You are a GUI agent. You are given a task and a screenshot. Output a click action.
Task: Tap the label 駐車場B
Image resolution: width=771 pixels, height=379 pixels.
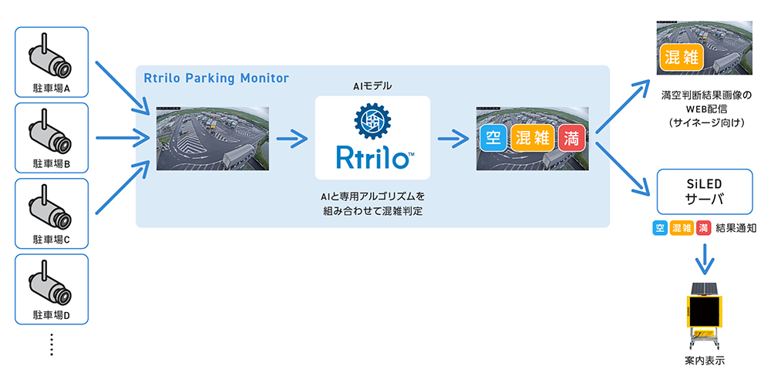pos(52,164)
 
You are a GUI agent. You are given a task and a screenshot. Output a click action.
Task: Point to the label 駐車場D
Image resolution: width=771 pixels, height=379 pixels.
pos(52,315)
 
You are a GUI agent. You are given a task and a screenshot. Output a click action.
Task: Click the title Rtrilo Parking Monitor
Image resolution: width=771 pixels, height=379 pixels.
pos(217,78)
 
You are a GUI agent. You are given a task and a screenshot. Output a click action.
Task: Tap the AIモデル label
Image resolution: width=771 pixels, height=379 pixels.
pos(372,86)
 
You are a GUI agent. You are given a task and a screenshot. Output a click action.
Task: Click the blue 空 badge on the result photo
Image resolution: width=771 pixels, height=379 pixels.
pos(491,139)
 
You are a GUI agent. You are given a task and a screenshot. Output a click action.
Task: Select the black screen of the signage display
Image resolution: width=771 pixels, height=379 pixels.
pos(703,311)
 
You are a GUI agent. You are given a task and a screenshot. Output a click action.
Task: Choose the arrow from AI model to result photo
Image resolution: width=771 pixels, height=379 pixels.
pos(453,139)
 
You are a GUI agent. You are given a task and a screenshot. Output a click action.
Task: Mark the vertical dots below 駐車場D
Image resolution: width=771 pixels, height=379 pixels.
pos(52,344)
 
